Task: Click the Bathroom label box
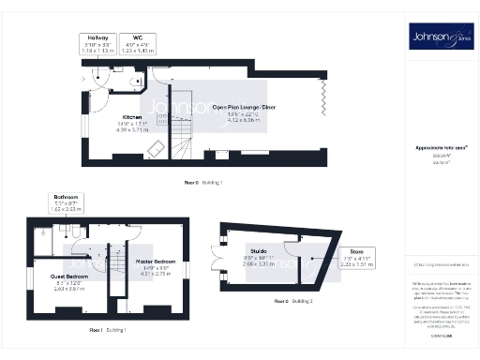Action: pyautogui.click(x=66, y=203)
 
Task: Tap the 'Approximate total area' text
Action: pyautogui.click(x=435, y=147)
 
